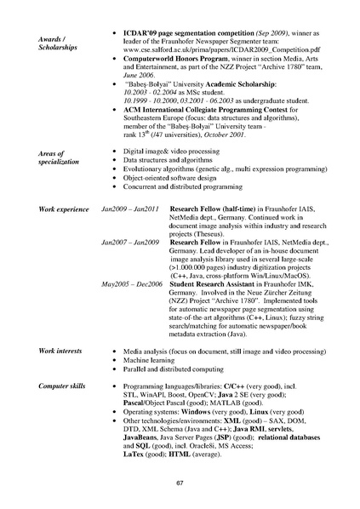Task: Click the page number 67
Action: (x=180, y=483)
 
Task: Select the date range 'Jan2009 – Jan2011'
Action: (x=129, y=209)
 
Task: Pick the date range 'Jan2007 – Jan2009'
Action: (x=129, y=243)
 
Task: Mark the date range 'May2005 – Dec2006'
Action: (x=131, y=283)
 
